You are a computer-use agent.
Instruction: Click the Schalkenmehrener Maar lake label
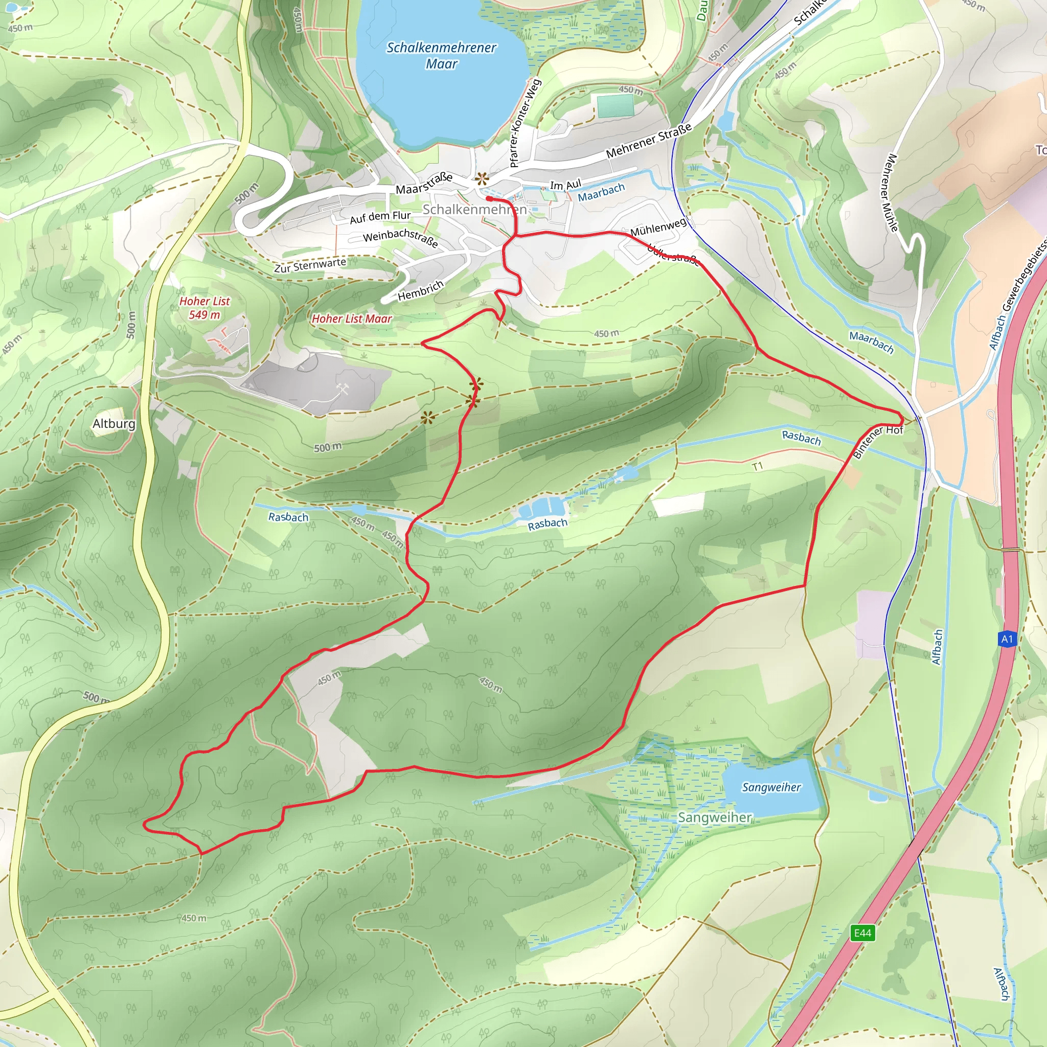click(441, 55)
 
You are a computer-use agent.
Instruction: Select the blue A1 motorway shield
click(1006, 639)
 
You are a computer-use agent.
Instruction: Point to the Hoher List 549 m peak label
click(205, 308)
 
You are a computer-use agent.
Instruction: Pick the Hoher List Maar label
click(352, 318)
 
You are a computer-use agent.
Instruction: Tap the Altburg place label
click(114, 424)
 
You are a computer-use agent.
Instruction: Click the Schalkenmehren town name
click(474, 209)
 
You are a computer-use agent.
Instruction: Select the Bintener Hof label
click(878, 441)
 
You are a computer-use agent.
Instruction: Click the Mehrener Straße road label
click(649, 141)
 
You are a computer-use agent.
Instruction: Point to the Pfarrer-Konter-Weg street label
click(525, 123)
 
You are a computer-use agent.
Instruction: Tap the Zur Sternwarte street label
click(310, 265)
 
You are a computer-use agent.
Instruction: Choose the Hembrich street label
click(421, 291)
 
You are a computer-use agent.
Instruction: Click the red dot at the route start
click(489, 199)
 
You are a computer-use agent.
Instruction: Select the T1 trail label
click(757, 466)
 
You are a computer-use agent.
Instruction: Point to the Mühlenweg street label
click(658, 227)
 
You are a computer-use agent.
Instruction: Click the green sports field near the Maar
click(616, 106)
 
